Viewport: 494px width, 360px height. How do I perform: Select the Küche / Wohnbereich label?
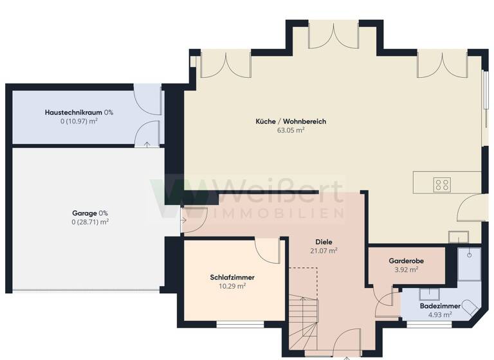tap(286, 121)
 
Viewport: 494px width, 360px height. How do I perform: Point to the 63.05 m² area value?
tap(290, 130)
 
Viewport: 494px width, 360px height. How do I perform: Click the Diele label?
tap(324, 242)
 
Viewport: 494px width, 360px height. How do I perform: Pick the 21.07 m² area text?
tap(324, 251)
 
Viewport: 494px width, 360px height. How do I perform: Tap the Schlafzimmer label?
tap(232, 277)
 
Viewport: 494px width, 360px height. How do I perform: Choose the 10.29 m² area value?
tap(232, 286)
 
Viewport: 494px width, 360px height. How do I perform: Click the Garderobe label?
tap(405, 261)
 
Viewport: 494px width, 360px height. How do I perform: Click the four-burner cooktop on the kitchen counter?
tap(442, 185)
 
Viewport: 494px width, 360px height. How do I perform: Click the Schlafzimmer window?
tap(240, 325)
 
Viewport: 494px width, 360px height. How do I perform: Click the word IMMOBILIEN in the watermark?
tap(280, 213)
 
